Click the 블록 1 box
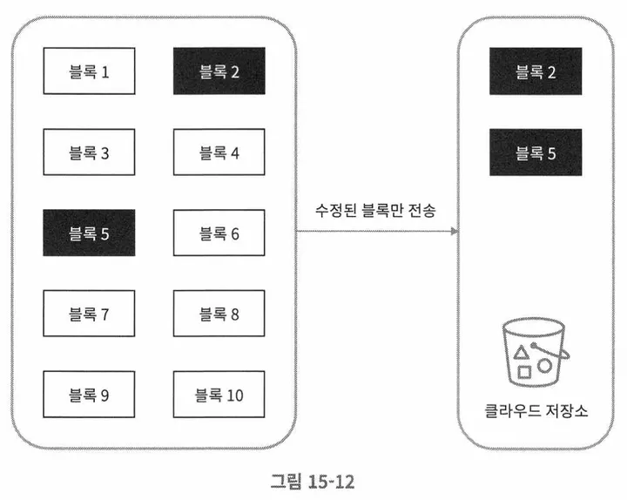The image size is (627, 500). coord(90,71)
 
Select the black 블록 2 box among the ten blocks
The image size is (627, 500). coord(219,71)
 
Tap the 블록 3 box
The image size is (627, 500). coord(90,153)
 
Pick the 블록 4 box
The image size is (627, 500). coord(219,153)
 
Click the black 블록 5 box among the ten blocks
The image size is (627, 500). coord(90,233)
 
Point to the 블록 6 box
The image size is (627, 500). coord(219,233)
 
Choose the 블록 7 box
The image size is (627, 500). coord(90,314)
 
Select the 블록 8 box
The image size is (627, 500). coord(219,314)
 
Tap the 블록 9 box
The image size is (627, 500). coord(90,395)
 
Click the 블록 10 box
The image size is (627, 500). coord(219,395)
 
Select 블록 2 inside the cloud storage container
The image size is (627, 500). coord(535,71)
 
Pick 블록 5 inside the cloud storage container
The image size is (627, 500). coord(535,153)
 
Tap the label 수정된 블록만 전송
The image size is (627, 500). coord(375,210)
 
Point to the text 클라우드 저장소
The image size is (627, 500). coord(535,409)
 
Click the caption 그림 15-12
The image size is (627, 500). coord(313,480)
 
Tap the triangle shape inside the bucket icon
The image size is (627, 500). coord(522,352)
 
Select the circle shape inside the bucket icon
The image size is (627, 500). coord(544,365)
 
